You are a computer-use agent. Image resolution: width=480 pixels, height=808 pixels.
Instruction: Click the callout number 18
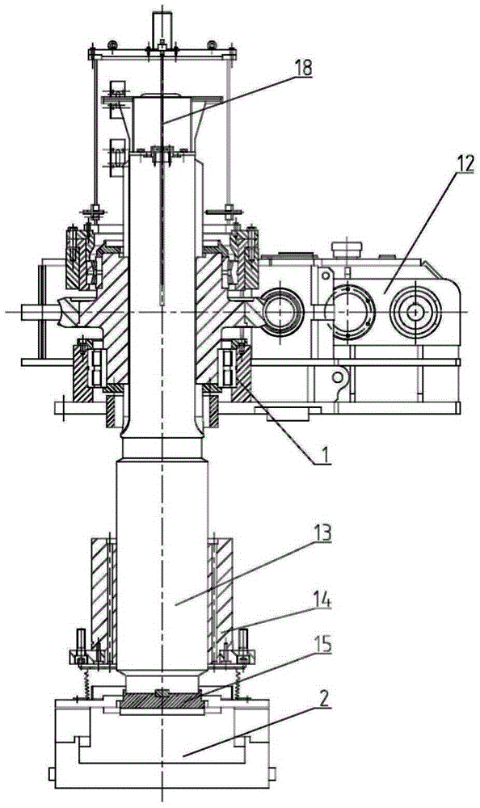point(303,68)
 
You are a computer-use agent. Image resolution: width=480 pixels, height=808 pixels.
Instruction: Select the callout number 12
point(464,164)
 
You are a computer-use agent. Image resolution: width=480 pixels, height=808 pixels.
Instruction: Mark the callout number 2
point(322,699)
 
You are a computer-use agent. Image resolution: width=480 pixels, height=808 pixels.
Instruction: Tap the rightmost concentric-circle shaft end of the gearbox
point(415,310)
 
